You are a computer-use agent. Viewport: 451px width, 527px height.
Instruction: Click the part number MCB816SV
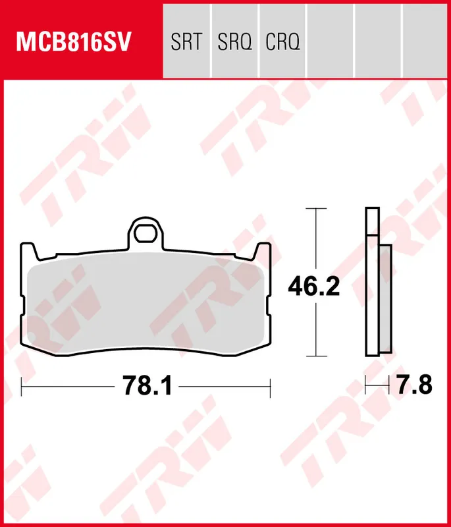pyautogui.click(x=74, y=43)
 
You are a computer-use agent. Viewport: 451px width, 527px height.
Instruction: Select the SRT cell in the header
pyautogui.click(x=186, y=43)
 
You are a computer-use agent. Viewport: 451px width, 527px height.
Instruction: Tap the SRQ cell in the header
pyautogui.click(x=234, y=43)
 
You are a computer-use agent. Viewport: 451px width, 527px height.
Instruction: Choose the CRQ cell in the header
pyautogui.click(x=282, y=43)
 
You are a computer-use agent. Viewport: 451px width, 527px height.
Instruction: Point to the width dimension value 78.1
pyautogui.click(x=147, y=386)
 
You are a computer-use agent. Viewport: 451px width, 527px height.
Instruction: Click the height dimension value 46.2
pyautogui.click(x=314, y=287)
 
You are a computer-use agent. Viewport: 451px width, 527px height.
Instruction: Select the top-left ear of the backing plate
pyautogui.click(x=27, y=250)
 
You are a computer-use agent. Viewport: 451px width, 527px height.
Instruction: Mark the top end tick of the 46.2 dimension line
pyautogui.click(x=317, y=209)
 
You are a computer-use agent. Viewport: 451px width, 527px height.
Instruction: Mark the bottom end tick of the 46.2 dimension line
pyautogui.click(x=317, y=356)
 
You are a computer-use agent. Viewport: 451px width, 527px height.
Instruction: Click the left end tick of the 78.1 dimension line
pyautogui.click(x=22, y=387)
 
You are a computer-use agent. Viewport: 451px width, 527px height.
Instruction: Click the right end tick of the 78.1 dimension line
pyautogui.click(x=270, y=387)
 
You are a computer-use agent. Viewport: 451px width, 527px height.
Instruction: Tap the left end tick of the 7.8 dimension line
pyautogui.click(x=366, y=384)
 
